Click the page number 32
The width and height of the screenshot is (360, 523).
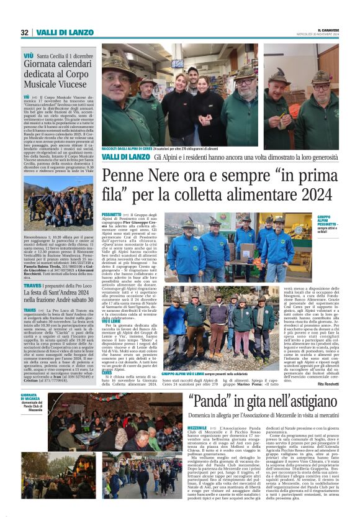[25, 32]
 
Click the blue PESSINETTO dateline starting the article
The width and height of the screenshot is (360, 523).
[111, 214]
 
